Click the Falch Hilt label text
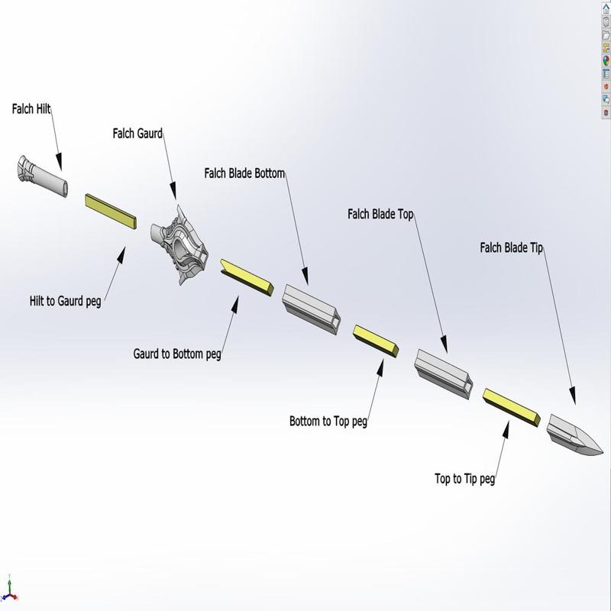point(31,109)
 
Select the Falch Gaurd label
point(137,134)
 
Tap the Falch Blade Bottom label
point(244,173)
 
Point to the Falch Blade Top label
point(380,215)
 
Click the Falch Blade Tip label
point(511,247)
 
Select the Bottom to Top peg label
point(328,421)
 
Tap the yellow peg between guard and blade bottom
point(246,276)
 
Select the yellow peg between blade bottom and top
point(375,340)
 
